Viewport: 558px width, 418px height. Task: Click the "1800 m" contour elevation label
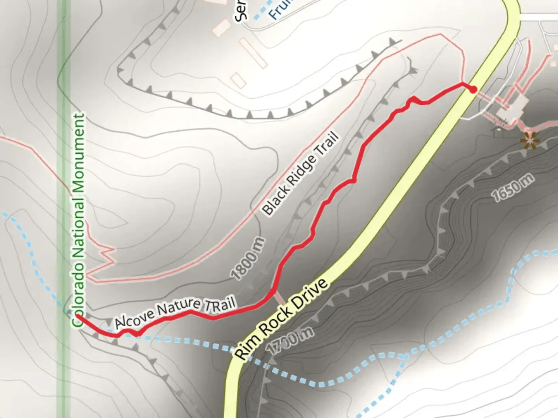point(248,259)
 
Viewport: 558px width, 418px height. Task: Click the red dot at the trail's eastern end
point(473,90)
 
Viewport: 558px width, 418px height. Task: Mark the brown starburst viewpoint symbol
point(530,140)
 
